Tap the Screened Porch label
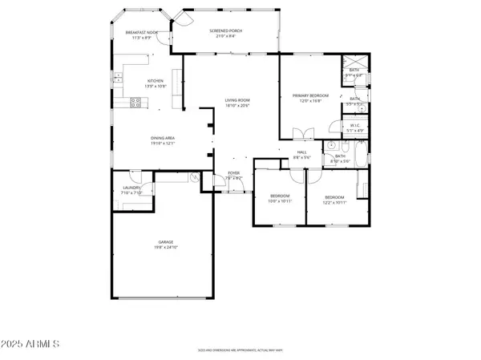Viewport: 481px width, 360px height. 226,33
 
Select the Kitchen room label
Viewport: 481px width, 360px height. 155,83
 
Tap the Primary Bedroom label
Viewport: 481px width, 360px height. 310,97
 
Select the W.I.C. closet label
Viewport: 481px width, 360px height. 356,127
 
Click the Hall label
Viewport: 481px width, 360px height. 302,154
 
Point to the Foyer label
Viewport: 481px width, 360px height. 234,175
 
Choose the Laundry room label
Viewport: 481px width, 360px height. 131,191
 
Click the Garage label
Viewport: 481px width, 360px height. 166,245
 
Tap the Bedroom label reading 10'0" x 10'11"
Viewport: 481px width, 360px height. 279,199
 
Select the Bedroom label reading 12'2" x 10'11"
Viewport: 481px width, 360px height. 335,200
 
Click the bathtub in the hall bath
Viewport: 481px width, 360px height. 360,154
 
